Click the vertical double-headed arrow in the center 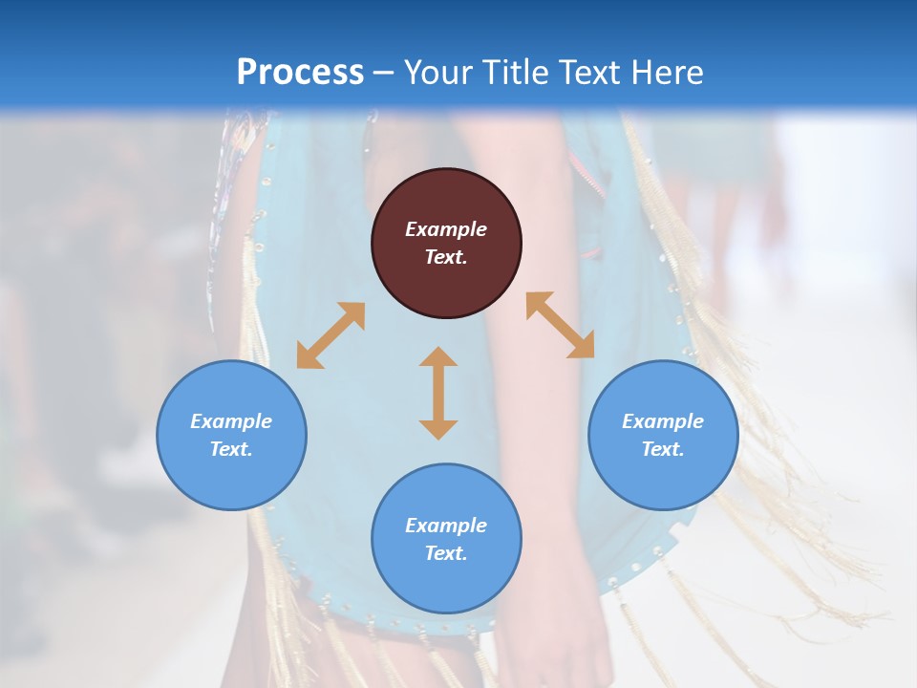[438, 393]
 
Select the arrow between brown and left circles [331, 335]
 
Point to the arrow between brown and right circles [560, 325]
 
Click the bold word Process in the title [300, 72]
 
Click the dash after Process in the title [384, 73]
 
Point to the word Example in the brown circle [446, 229]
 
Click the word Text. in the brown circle [446, 257]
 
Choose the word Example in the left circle [231, 421]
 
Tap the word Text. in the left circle [231, 449]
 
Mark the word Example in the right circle [663, 421]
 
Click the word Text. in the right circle [663, 449]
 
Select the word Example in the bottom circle [446, 526]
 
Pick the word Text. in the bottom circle [446, 553]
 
